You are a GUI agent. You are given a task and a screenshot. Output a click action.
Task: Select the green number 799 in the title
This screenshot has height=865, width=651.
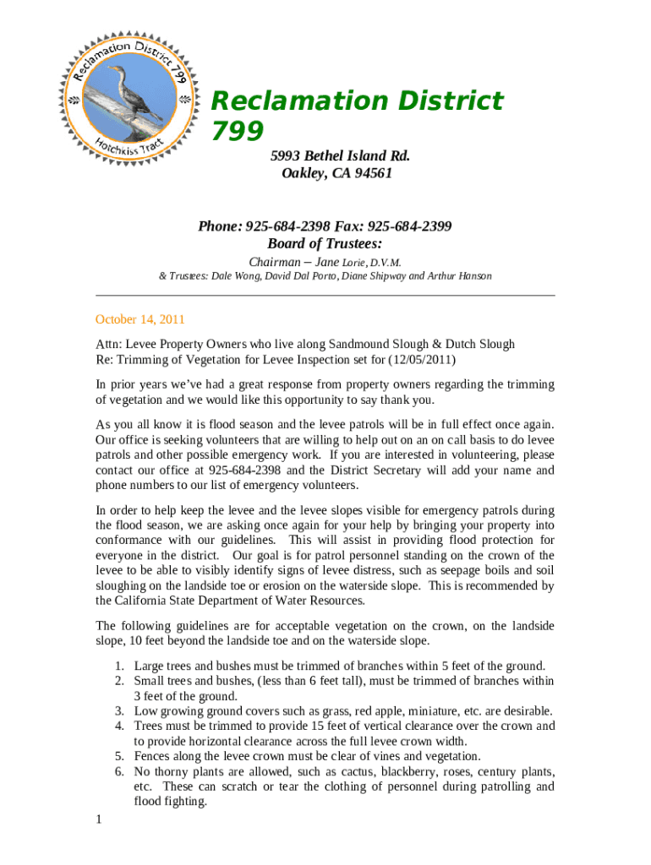(x=237, y=130)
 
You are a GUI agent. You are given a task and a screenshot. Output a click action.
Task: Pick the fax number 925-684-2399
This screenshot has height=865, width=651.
(x=409, y=226)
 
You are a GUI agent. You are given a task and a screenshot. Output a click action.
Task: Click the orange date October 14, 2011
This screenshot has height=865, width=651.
(x=139, y=319)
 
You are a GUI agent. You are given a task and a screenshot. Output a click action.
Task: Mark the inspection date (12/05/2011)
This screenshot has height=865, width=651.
(x=421, y=360)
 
